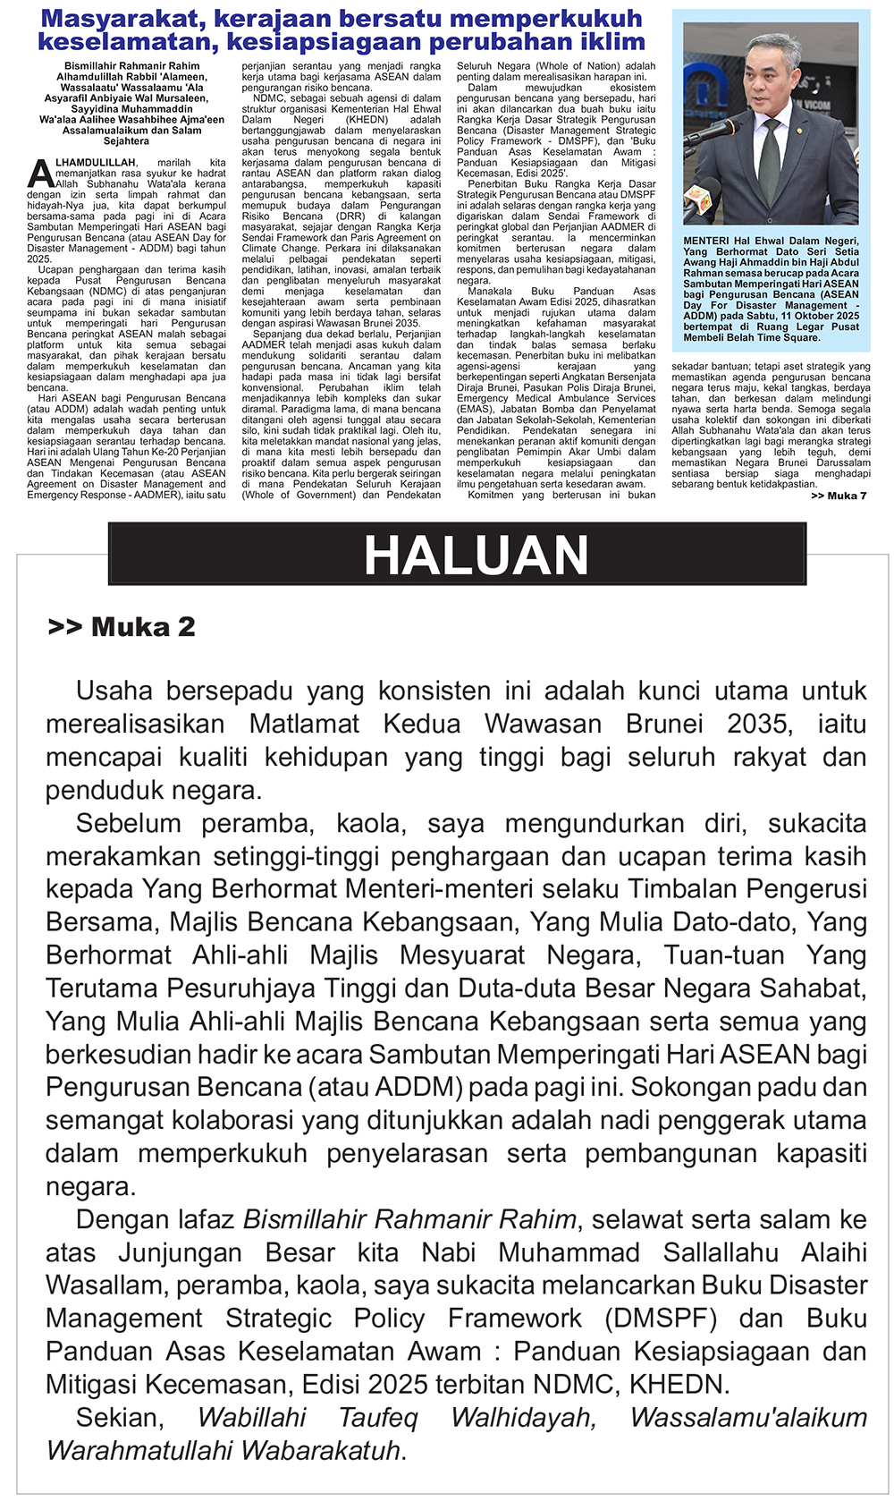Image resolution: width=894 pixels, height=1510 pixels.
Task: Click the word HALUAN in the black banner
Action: click(476, 556)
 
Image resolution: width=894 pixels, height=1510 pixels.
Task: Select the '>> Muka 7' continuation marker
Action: click(839, 496)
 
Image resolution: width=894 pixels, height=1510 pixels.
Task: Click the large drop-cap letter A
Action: click(41, 173)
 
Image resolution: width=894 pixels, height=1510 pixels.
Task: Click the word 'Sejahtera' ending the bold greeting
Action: click(126, 141)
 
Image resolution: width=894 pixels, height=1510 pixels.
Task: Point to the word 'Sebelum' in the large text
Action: click(129, 823)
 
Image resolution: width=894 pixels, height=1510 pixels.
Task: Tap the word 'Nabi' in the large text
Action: click(449, 1252)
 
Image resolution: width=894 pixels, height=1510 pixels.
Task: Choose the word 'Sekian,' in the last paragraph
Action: click(120, 1418)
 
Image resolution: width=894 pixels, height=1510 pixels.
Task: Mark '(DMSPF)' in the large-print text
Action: click(661, 1319)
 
